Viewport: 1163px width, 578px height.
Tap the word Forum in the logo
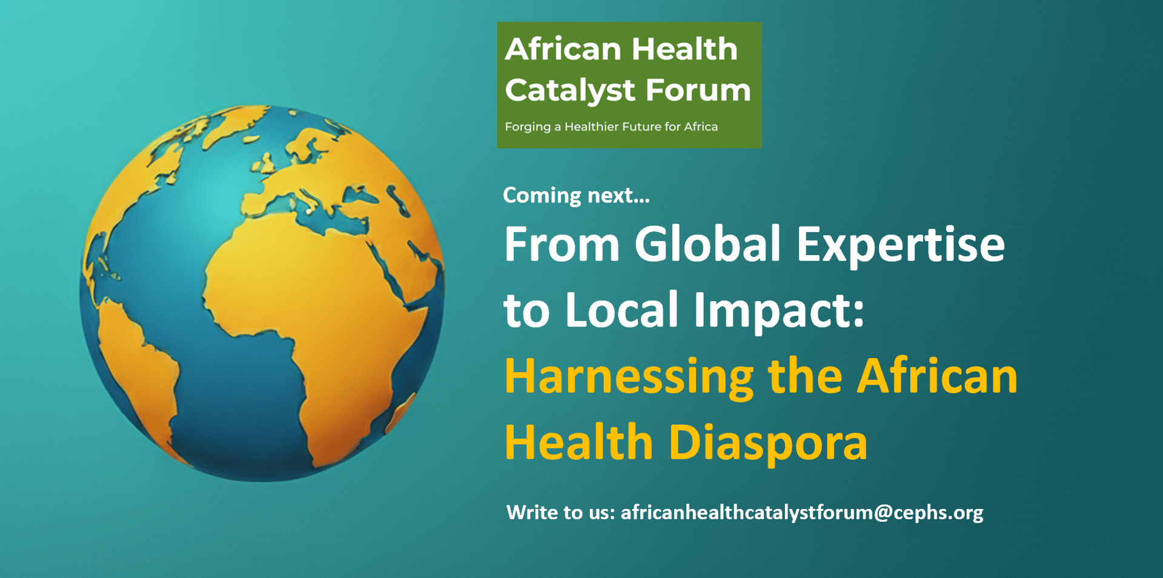point(698,90)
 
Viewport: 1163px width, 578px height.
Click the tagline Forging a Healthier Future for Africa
point(611,127)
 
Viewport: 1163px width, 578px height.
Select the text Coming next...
point(576,195)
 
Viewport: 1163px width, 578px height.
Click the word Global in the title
point(707,244)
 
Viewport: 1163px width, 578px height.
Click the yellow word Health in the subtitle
point(579,442)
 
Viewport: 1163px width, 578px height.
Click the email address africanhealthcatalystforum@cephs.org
point(802,513)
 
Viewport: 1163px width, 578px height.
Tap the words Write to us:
point(561,513)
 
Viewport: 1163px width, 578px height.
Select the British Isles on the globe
point(266,162)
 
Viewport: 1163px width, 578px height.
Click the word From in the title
point(562,245)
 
